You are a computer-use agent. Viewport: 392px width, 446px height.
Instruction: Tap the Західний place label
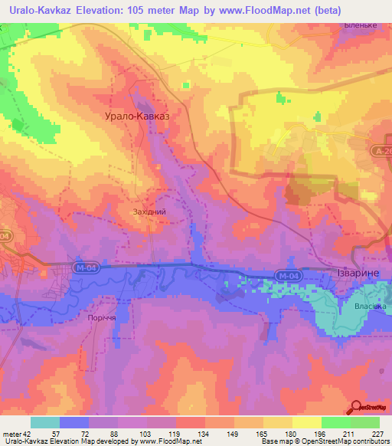point(149,212)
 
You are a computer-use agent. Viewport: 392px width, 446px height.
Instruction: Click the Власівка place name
point(371,306)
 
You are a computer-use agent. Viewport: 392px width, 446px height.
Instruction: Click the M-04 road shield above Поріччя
point(87,267)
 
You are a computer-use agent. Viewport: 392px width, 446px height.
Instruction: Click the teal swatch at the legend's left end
point(45,422)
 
